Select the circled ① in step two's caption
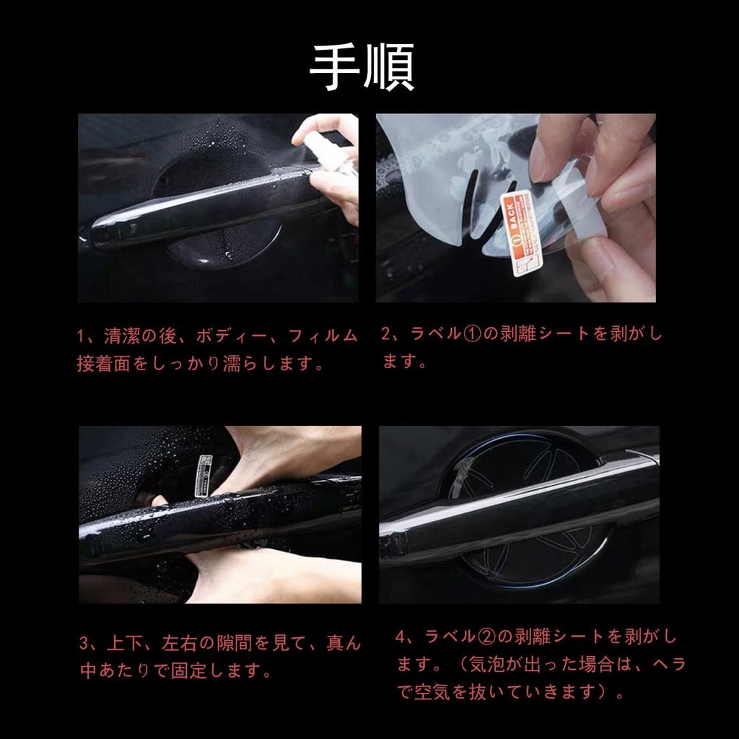pyautogui.click(x=472, y=334)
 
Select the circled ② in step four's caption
pyautogui.click(x=486, y=638)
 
